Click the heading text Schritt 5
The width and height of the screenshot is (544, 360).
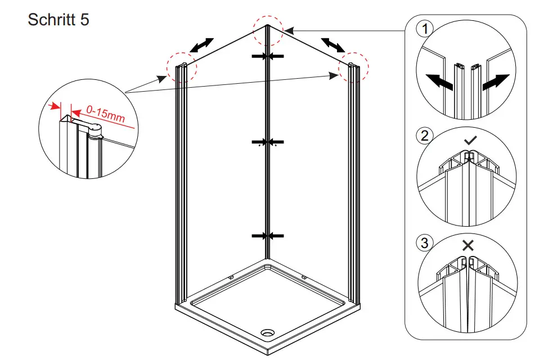(59, 20)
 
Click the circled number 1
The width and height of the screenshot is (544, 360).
(424, 28)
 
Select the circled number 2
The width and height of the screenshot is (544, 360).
(424, 136)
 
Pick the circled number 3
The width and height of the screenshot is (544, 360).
(424, 243)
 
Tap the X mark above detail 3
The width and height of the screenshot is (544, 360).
(467, 245)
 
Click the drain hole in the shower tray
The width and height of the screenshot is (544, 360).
(267, 332)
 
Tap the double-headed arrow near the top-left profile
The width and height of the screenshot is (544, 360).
(202, 45)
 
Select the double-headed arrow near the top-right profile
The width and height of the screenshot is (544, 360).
(333, 44)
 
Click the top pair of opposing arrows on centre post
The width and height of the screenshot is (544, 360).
(268, 56)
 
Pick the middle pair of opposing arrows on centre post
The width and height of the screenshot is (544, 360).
(268, 142)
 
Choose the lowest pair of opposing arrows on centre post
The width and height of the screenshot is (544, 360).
(268, 236)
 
